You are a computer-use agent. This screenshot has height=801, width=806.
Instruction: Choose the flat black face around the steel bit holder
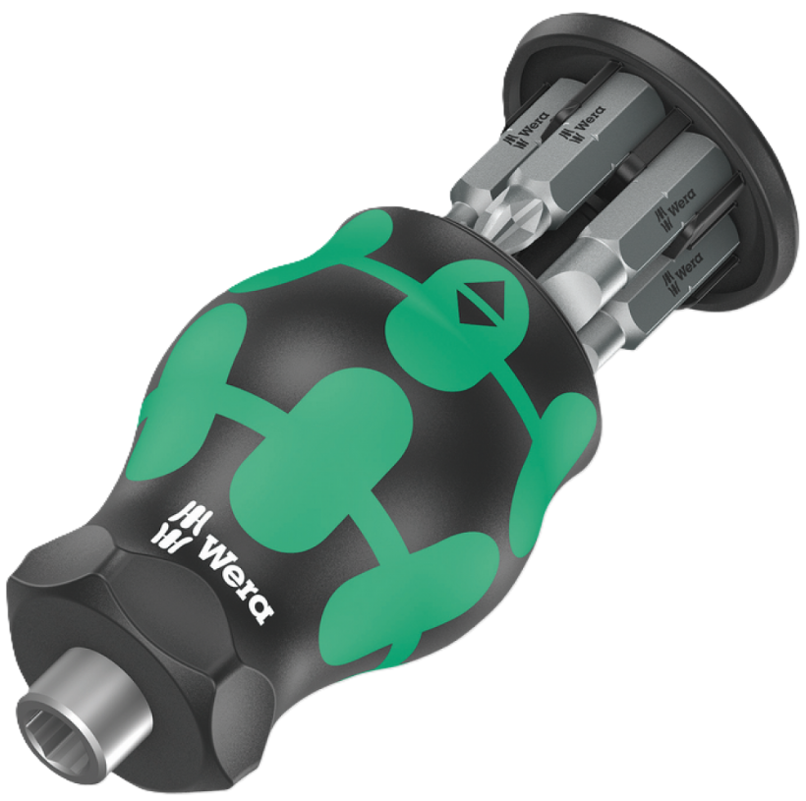click(x=108, y=629)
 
